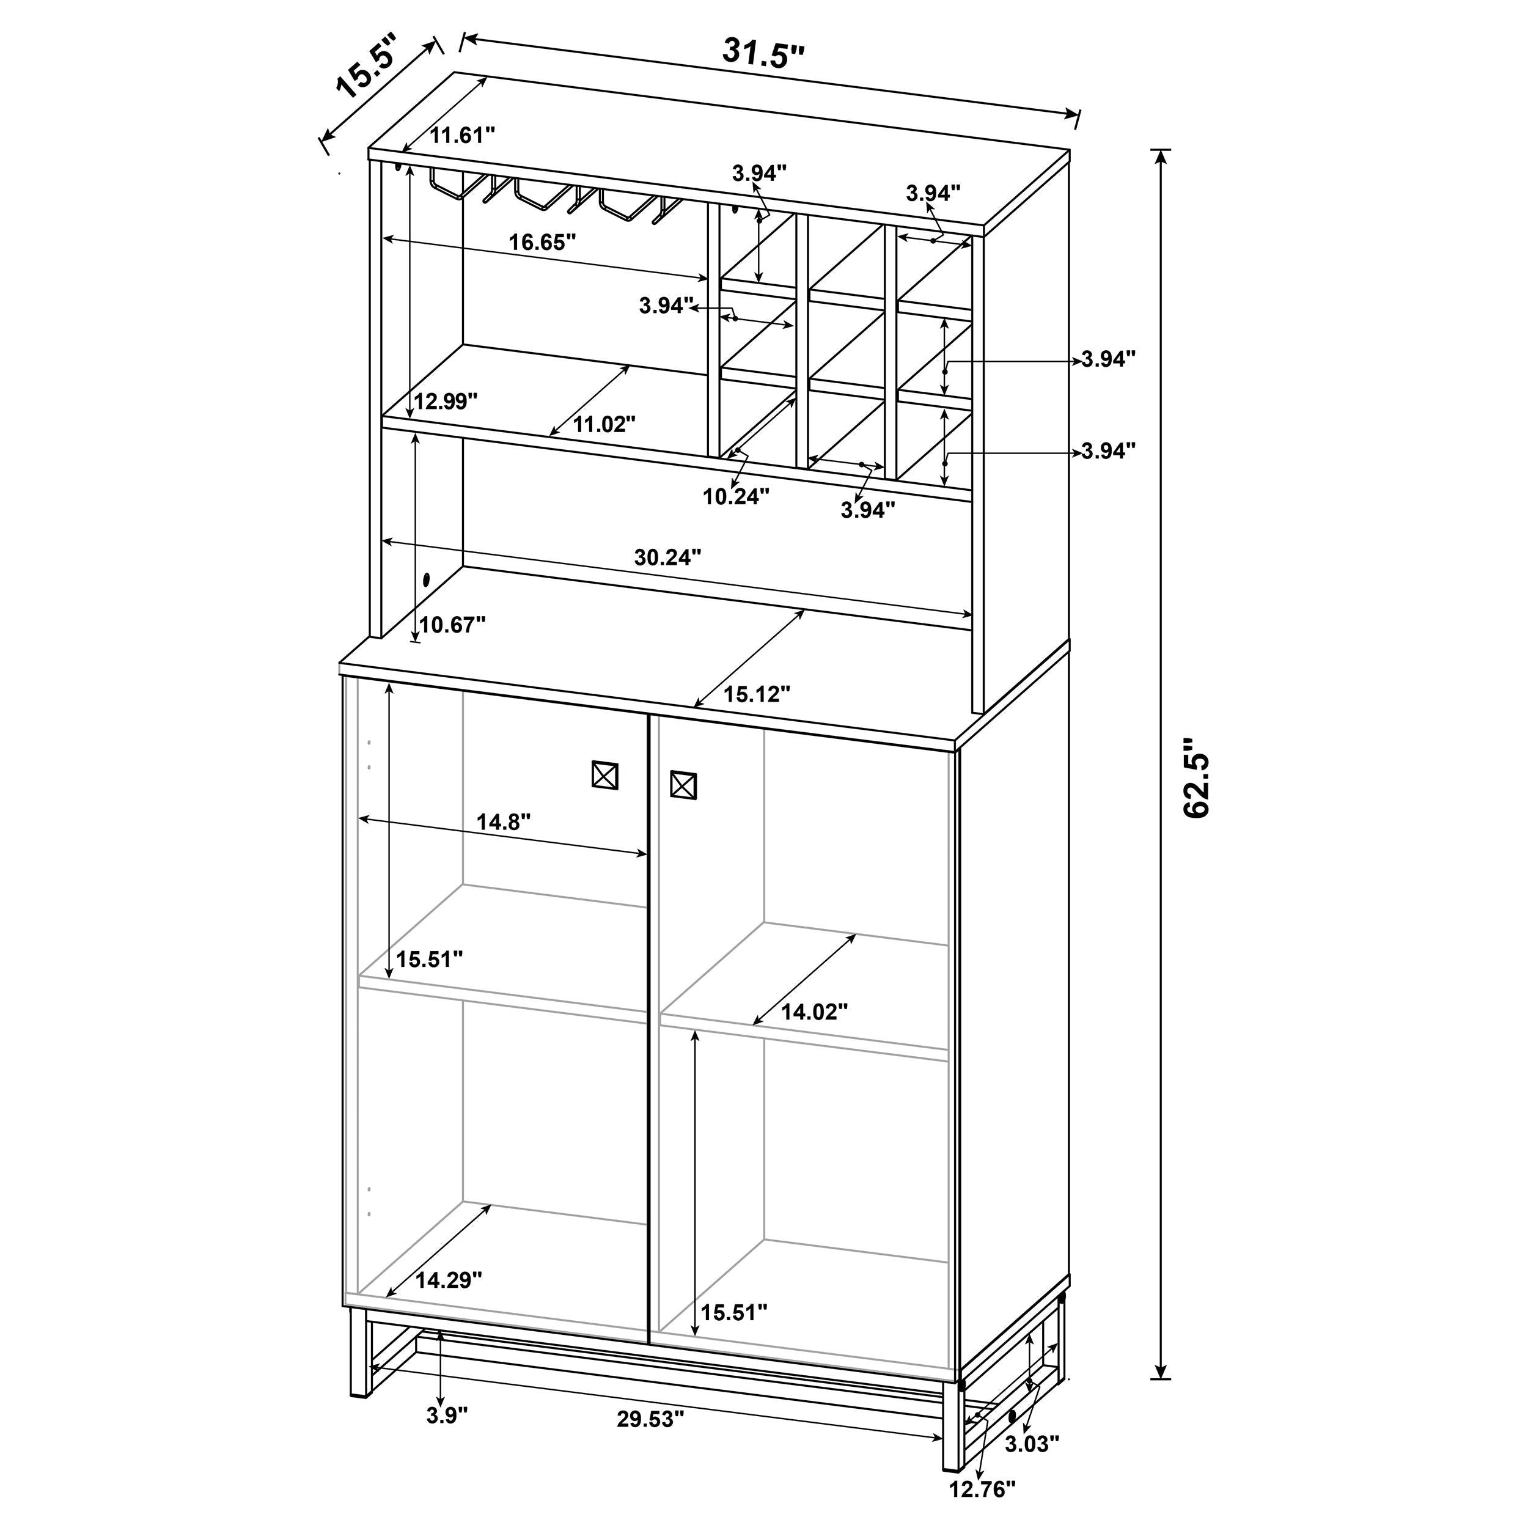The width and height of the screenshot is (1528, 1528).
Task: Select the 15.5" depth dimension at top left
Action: [x=367, y=73]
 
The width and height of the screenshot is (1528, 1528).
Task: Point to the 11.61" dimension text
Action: [x=462, y=135]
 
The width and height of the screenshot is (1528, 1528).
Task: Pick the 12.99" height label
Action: [x=446, y=401]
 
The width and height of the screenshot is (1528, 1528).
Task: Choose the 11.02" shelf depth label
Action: [x=604, y=425]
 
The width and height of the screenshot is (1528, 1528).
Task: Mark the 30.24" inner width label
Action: [x=667, y=557]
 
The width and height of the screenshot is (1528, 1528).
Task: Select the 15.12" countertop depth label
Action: [x=757, y=694]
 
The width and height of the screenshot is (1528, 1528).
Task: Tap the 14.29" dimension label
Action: [x=449, y=1280]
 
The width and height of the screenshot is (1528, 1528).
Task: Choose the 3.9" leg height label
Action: [x=447, y=1415]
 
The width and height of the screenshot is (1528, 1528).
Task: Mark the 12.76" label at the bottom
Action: [x=982, y=1489]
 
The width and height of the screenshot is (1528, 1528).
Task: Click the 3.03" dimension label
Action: [x=1032, y=1444]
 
